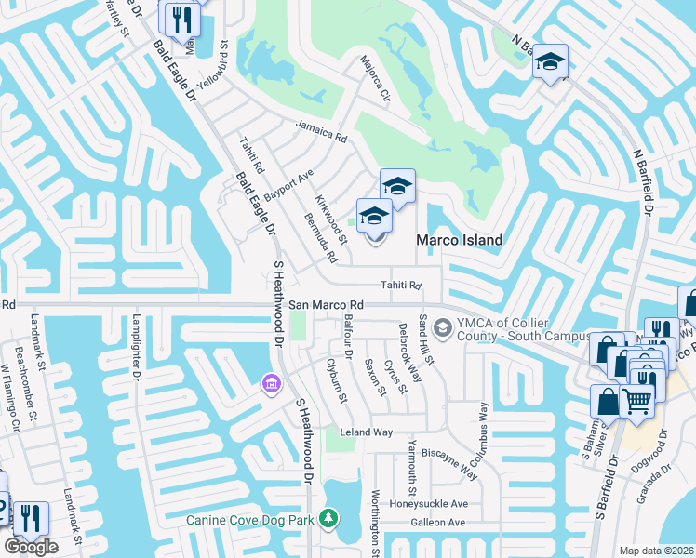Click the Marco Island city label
coord(459,240)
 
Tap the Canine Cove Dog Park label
coord(249,519)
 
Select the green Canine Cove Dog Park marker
coord(328,517)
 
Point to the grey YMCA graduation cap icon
coord(443,326)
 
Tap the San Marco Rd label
coord(325,305)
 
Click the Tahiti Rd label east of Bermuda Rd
coord(401,286)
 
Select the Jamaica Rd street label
coord(321,131)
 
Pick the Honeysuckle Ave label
coord(429,503)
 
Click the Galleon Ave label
coord(437,523)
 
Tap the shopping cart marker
coord(637,401)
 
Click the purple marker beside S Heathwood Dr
coord(271,382)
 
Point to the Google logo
coord(31,548)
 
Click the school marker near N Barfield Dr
coord(551,62)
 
